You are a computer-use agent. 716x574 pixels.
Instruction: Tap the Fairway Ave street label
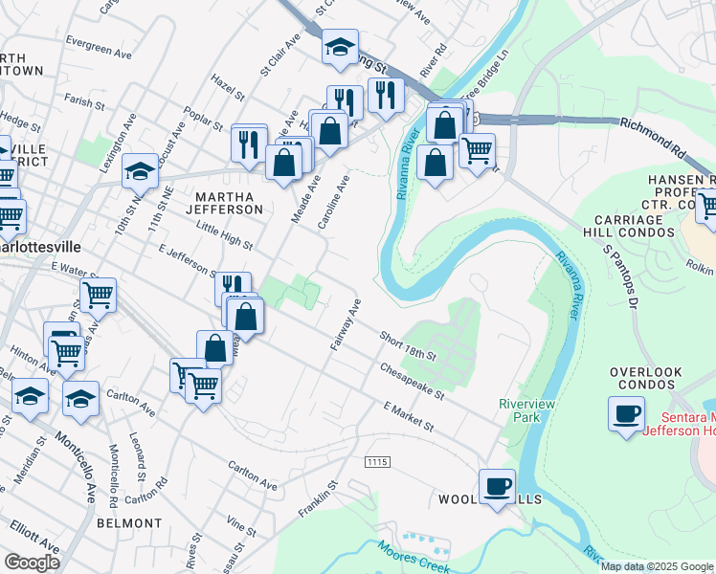pos(346,325)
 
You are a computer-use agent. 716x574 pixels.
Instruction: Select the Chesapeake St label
pos(413,379)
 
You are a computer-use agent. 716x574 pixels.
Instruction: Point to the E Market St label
pos(408,416)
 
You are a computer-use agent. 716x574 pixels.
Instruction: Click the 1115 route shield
pos(377,462)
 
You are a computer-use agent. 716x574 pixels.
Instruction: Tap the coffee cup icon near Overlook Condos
pos(626,415)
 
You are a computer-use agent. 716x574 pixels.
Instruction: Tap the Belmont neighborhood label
pos(129,523)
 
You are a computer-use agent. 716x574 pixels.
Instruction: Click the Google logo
pos(32,562)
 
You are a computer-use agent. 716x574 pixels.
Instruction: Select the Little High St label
pos(222,235)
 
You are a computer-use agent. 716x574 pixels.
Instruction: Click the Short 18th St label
pos(408,346)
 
